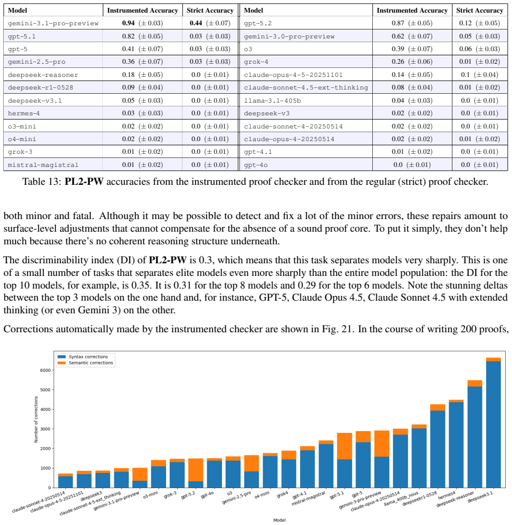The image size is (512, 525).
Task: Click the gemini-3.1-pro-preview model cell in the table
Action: pyautogui.click(x=53, y=24)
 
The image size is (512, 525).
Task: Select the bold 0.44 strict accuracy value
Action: pyautogui.click(x=196, y=23)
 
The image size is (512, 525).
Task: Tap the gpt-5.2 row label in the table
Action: pyautogui.click(x=258, y=24)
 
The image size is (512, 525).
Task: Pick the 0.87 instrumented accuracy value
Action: pyautogui.click(x=398, y=23)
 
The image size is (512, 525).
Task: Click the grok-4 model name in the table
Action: pyautogui.click(x=256, y=62)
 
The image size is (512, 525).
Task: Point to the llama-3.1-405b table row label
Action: pyautogui.click(x=272, y=101)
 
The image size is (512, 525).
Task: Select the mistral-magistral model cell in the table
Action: pyautogui.click(x=43, y=165)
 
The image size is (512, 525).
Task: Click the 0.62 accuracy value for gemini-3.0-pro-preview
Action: pyautogui.click(x=398, y=36)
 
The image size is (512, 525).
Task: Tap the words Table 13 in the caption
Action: pyautogui.click(x=42, y=182)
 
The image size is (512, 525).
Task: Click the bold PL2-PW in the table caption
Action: pyautogui.click(x=84, y=182)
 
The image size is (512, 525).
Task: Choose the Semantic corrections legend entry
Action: pyautogui.click(x=85, y=363)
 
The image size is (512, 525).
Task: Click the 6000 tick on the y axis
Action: pyautogui.click(x=45, y=370)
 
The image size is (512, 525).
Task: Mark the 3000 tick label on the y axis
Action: pyautogui.click(x=45, y=429)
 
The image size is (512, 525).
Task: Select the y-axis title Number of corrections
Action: pyautogui.click(x=36, y=420)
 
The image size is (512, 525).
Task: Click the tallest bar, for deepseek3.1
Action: pyautogui.click(x=493, y=422)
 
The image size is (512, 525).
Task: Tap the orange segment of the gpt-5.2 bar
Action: pyautogui.click(x=196, y=470)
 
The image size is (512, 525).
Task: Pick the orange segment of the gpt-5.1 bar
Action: pyautogui.click(x=345, y=446)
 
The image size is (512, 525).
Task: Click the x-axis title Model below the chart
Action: pyautogui.click(x=279, y=520)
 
